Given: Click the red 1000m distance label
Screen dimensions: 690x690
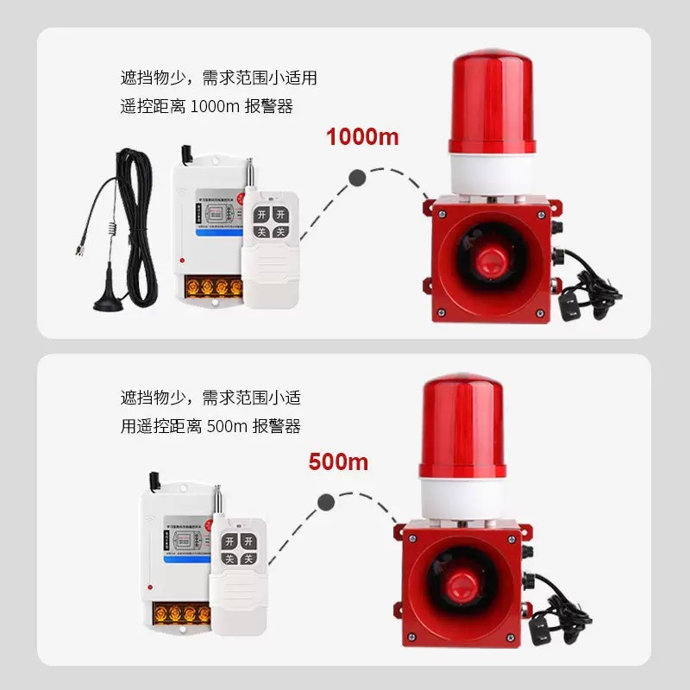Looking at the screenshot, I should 361,136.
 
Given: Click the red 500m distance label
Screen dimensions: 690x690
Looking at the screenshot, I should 338,461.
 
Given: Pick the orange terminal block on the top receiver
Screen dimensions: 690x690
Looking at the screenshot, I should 210,285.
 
